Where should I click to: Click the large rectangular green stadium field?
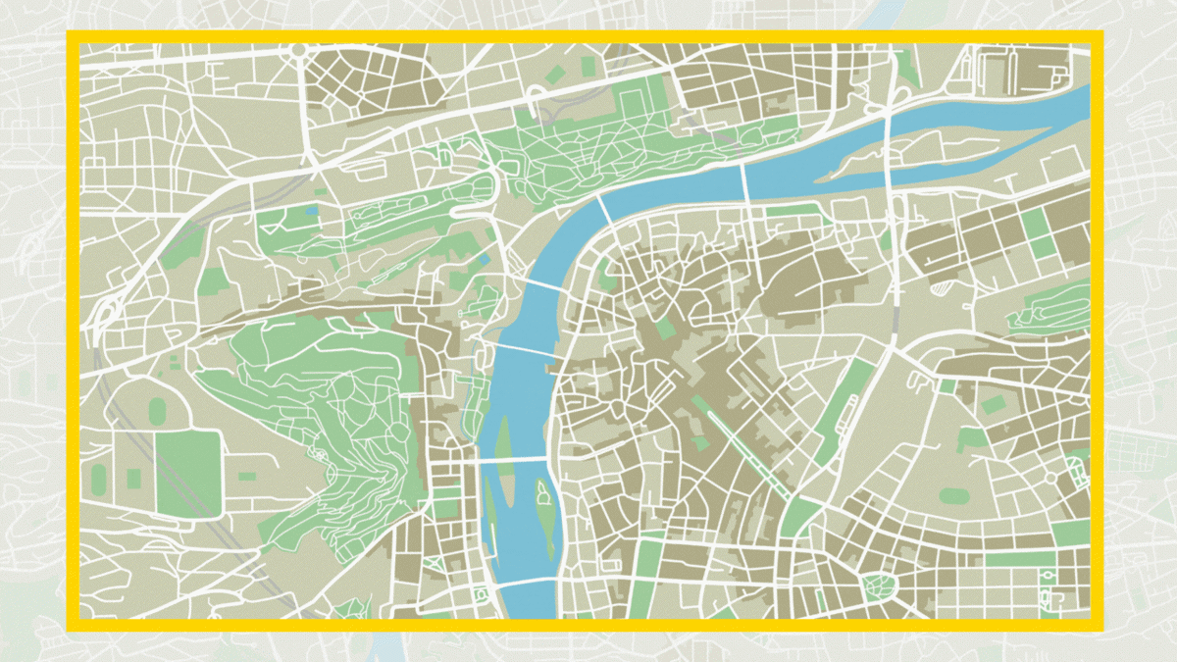(x=187, y=473)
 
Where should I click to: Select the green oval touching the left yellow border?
(x=99, y=479)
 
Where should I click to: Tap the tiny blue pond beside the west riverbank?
(x=485, y=259)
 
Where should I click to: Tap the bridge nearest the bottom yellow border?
(x=530, y=583)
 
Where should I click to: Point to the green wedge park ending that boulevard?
(x=799, y=514)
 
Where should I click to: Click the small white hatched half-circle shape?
(x=942, y=287)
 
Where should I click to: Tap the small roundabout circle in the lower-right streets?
(x=1050, y=478)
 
